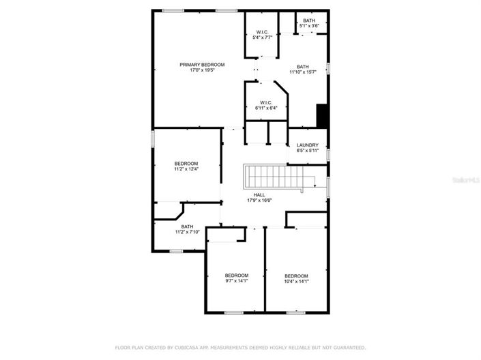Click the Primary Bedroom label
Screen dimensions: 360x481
coord(202,65)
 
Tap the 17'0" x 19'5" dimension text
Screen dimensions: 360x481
coord(202,70)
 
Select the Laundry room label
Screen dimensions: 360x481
coord(308,145)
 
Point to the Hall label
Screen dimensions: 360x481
coord(259,194)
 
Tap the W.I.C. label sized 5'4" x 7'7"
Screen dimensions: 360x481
coord(263,32)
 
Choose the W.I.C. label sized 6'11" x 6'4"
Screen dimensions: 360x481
coord(266,102)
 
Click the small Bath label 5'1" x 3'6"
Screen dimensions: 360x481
coord(310,20)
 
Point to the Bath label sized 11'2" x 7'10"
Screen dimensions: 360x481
coord(187,226)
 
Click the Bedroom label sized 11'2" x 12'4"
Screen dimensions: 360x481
coord(186,164)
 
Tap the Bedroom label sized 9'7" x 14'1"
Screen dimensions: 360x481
coord(237,275)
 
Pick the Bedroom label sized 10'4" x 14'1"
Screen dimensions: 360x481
coord(296,275)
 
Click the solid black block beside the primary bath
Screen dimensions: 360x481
coord(322,116)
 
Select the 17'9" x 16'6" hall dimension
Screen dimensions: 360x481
coord(259,200)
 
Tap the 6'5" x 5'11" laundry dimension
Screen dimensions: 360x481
coord(308,150)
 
